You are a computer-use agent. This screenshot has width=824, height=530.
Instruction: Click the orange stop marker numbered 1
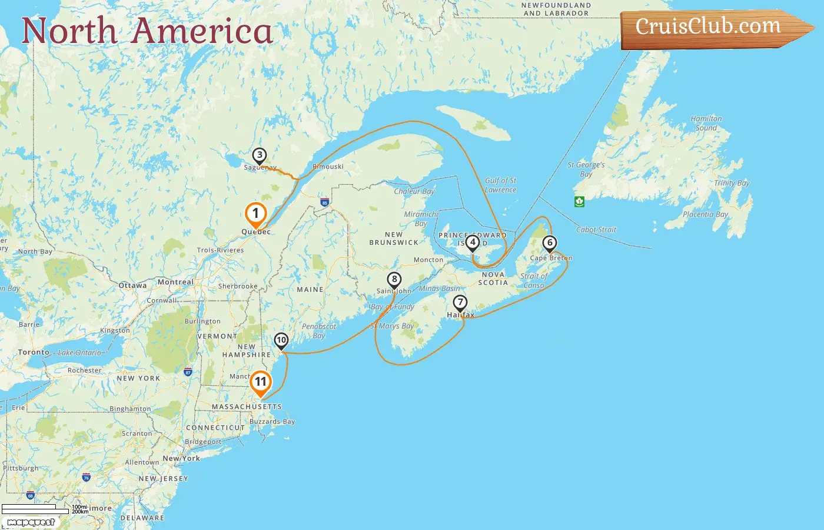point(255,214)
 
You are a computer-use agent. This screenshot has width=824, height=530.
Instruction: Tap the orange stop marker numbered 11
point(260,382)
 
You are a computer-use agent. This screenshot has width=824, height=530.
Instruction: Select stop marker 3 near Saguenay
point(260,155)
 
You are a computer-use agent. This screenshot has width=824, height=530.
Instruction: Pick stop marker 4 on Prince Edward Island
point(472,241)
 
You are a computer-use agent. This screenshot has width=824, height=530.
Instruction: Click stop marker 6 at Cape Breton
point(550,243)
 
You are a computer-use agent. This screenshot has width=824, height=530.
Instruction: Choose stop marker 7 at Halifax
point(460,303)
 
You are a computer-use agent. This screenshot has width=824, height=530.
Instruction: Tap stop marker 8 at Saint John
point(394,280)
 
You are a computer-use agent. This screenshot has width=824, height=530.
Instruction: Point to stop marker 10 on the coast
point(281,340)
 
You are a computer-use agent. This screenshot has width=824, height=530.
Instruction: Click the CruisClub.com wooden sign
point(712,28)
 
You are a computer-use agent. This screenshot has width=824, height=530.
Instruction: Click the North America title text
point(147,31)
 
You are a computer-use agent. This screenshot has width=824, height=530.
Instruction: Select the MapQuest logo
point(31,522)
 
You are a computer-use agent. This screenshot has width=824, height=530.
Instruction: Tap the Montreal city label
point(175,282)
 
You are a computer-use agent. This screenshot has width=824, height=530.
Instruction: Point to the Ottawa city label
point(133,286)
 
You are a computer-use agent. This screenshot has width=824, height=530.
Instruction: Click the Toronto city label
point(34,352)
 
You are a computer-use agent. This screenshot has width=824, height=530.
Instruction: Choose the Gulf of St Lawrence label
point(500,185)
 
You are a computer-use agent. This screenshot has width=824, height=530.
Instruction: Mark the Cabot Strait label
point(596,230)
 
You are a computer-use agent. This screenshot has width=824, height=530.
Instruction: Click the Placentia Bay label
point(705,214)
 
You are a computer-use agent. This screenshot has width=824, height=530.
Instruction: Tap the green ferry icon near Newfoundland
point(579,201)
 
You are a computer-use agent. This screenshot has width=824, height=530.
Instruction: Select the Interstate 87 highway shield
point(188,372)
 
